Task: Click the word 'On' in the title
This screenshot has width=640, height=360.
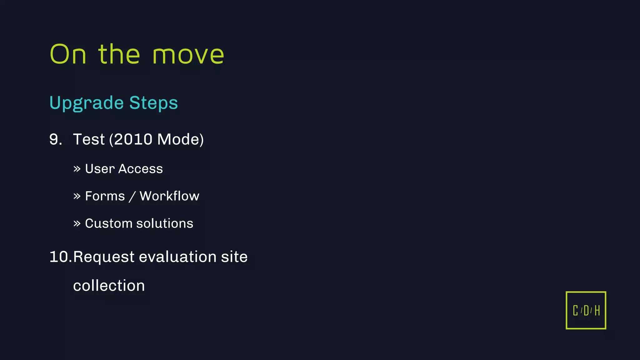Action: tap(68, 54)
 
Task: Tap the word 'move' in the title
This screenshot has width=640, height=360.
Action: tap(188, 55)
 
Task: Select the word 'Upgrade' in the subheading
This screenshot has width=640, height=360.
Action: tap(87, 103)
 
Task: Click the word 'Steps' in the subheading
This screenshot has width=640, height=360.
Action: tap(153, 103)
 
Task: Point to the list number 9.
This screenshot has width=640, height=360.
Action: tap(55, 139)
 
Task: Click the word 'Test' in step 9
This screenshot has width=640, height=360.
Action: tap(89, 139)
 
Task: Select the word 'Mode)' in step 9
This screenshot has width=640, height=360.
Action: tap(180, 139)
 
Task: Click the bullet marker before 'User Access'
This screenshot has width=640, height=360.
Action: tap(77, 169)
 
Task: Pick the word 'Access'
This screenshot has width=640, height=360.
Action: tap(141, 169)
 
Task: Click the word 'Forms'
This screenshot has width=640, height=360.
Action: tap(105, 196)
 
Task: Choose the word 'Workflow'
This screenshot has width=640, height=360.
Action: tap(169, 196)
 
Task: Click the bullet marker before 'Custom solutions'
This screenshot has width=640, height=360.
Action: tap(77, 224)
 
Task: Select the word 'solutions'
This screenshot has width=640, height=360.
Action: tap(165, 223)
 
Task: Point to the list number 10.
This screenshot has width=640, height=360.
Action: tap(60, 257)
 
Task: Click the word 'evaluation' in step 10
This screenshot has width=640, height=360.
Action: tap(177, 257)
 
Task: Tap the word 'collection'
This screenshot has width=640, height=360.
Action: tap(109, 286)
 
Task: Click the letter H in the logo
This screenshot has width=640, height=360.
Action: tap(597, 311)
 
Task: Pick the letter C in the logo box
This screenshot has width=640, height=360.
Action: tap(575, 311)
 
